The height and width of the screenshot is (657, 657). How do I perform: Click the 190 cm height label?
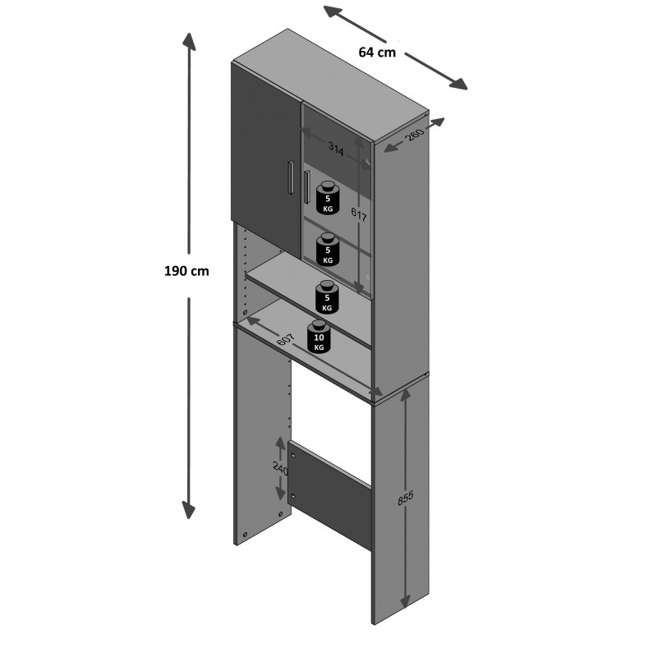(186, 271)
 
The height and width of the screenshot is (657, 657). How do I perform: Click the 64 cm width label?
(377, 53)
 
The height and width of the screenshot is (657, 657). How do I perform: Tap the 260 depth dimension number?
(416, 135)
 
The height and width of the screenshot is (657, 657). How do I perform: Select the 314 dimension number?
(336, 149)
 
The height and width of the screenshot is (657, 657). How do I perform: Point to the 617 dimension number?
(359, 214)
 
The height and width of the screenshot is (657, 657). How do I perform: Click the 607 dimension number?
(286, 338)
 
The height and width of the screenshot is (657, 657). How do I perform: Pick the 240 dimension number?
(280, 468)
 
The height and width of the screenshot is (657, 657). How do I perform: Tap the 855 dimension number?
(406, 498)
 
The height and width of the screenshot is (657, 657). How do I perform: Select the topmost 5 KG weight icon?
(328, 198)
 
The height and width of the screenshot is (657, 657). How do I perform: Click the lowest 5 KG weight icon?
(327, 297)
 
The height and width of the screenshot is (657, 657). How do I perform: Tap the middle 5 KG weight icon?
(328, 250)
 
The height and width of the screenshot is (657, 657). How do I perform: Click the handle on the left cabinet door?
(290, 178)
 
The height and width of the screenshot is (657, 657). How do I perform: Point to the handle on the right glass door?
(306, 187)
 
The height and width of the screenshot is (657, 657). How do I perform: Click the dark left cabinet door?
(266, 160)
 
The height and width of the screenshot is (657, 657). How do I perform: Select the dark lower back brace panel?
(329, 495)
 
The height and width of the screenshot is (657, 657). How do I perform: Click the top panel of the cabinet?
(331, 86)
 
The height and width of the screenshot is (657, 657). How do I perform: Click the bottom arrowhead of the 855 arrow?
(405, 600)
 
